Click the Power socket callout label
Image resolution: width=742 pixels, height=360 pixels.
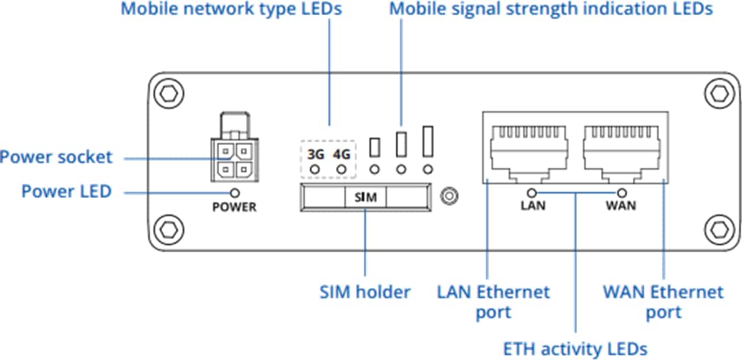pyautogui.click(x=56, y=157)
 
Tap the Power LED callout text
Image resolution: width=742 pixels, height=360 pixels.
pyautogui.click(x=66, y=191)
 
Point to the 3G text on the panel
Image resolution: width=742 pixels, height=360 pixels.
pyautogui.click(x=316, y=155)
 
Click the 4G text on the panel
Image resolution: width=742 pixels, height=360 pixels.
pyautogui.click(x=341, y=155)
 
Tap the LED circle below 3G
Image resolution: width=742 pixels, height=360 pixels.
pyautogui.click(x=316, y=169)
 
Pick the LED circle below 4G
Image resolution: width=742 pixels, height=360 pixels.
pyautogui.click(x=341, y=169)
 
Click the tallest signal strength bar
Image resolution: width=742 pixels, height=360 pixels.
pyautogui.click(x=429, y=140)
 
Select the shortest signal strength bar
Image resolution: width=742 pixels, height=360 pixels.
pyautogui.click(x=375, y=146)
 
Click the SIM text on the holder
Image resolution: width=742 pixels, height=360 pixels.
pyautogui.click(x=365, y=197)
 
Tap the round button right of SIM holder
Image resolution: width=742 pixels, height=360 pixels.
pyautogui.click(x=449, y=196)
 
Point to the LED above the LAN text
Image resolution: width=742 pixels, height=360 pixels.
pyautogui.click(x=532, y=193)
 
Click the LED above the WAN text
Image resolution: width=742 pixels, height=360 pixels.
pyautogui.click(x=623, y=193)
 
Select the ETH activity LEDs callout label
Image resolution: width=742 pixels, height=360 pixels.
pyautogui.click(x=575, y=349)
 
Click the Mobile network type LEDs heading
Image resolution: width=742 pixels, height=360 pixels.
pyautogui.click(x=231, y=10)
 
